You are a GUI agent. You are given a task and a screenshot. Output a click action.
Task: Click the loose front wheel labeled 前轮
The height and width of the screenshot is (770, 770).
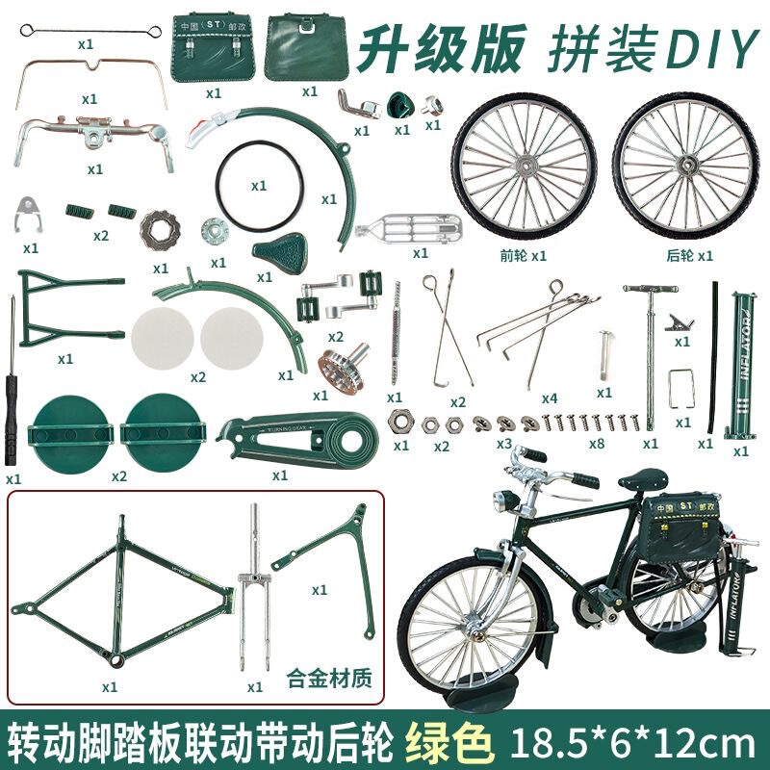coord(525,169)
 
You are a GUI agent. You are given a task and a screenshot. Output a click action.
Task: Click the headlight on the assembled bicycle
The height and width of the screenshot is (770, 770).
coord(501,501)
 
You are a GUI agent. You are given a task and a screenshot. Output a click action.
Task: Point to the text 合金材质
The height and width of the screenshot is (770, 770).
coord(330,676)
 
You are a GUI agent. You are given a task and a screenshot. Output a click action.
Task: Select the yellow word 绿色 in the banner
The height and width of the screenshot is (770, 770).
coord(452,741)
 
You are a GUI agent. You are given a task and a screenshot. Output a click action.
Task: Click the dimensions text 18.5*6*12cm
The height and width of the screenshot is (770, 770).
coord(630,742)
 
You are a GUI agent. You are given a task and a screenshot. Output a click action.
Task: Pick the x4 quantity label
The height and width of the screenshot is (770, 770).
coord(550,398)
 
